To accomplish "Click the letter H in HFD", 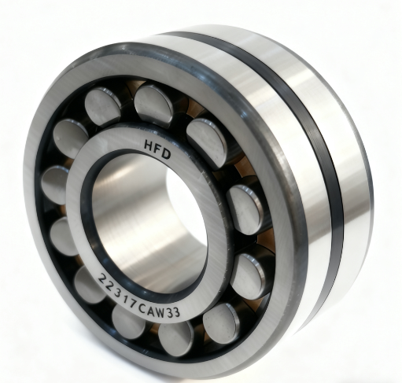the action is pos(149,145).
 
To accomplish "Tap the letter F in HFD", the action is pos(157,149).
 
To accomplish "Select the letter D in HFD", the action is pos(166,154).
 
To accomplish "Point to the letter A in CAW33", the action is pos(151,311).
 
